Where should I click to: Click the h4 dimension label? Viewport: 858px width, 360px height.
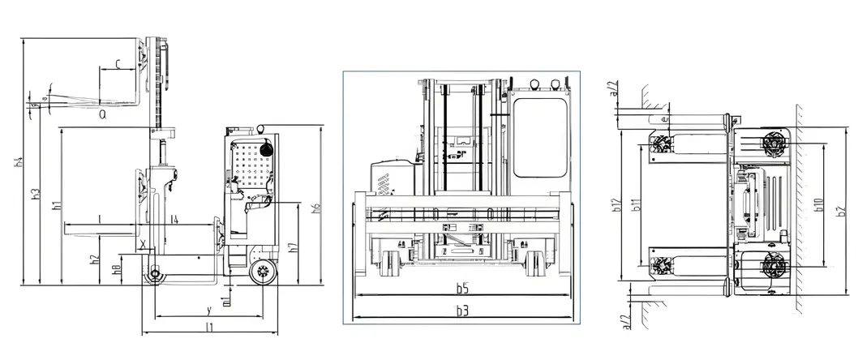(17, 163)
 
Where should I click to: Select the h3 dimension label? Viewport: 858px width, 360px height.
(35, 195)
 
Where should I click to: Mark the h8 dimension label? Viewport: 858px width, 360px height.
(117, 268)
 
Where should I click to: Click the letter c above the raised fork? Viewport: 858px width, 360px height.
(118, 62)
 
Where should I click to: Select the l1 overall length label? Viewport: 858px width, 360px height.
(208, 328)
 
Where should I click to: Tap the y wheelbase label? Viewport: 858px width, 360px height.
(208, 309)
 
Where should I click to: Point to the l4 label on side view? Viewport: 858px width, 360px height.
(176, 219)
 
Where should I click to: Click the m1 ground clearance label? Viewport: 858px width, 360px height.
(226, 299)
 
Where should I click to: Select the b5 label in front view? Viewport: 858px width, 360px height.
(461, 288)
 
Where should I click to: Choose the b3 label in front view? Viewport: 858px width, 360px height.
(461, 311)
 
